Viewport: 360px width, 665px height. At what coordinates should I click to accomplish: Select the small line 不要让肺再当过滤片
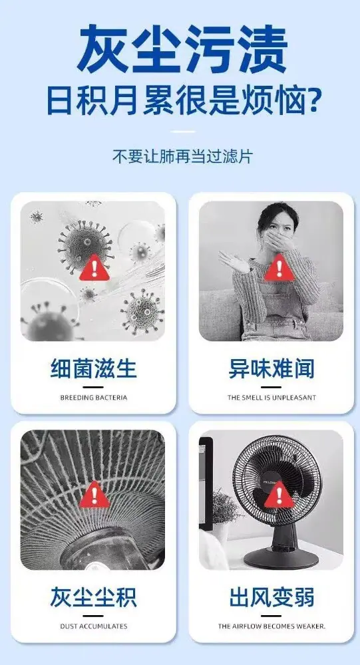pyautogui.click(x=182, y=156)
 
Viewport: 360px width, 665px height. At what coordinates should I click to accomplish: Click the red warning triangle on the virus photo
pyautogui.click(x=94, y=269)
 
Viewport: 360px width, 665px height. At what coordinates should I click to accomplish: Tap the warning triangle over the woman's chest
pyautogui.click(x=279, y=268)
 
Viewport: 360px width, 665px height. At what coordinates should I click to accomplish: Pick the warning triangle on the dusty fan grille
pyautogui.click(x=94, y=495)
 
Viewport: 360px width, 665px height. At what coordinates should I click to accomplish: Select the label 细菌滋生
pyautogui.click(x=93, y=368)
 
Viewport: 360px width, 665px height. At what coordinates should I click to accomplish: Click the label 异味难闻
pyautogui.click(x=271, y=368)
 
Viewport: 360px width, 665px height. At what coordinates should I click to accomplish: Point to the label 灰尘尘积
pyautogui.click(x=93, y=597)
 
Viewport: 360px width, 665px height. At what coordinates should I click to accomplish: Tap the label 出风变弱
pyautogui.click(x=271, y=597)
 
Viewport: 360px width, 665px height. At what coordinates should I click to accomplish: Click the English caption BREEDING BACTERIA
pyautogui.click(x=93, y=398)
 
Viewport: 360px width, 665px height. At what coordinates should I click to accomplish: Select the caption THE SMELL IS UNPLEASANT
pyautogui.click(x=271, y=398)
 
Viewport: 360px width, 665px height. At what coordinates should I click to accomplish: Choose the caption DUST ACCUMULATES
pyautogui.click(x=93, y=626)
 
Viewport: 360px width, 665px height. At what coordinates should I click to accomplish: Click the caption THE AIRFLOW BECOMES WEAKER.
pyautogui.click(x=271, y=626)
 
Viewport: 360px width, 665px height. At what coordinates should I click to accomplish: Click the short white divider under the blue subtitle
pyautogui.click(x=182, y=132)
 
